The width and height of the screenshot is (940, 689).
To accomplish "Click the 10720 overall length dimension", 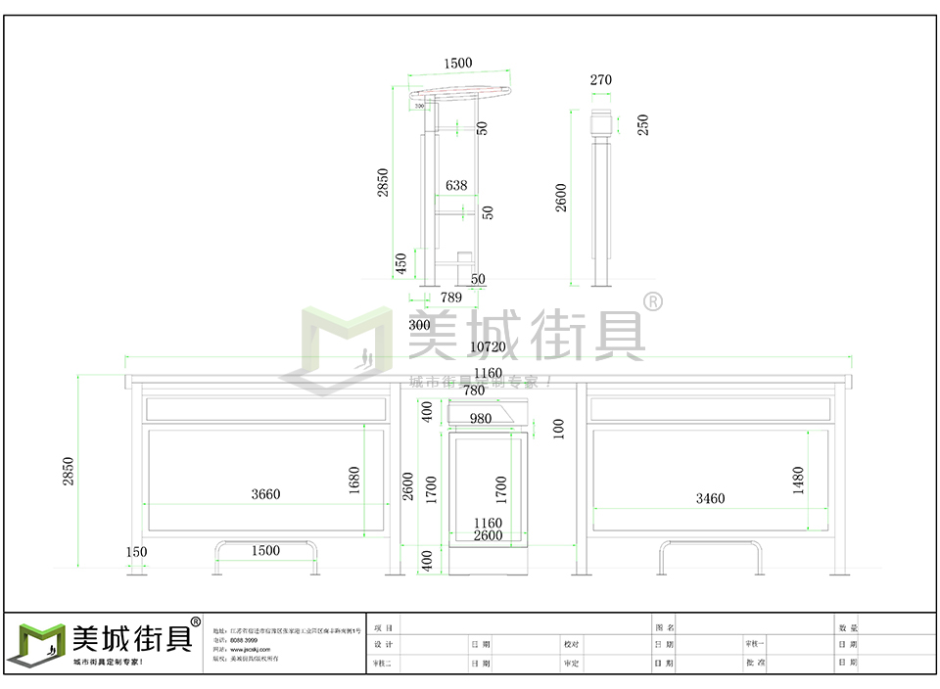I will [488, 346].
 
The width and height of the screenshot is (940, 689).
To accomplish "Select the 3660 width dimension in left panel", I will [265, 494].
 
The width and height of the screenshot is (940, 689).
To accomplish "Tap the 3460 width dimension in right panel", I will [710, 498].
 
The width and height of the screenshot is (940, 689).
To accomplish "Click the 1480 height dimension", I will [798, 480].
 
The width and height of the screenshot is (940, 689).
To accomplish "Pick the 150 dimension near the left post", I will [136, 552].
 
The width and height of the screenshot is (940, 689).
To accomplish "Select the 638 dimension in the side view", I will [456, 185].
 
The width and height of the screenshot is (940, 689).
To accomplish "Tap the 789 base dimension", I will [451, 297].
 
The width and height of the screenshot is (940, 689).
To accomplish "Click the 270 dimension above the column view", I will [601, 80].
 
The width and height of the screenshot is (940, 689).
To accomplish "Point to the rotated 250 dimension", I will [643, 125].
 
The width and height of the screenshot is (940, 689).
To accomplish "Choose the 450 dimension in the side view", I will [400, 263].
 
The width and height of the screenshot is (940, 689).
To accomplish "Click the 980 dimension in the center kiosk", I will [481, 419].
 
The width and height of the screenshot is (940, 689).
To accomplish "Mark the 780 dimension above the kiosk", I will [474, 390].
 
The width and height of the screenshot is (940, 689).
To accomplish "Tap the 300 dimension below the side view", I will [419, 325].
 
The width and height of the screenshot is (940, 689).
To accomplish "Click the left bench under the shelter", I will [260, 556].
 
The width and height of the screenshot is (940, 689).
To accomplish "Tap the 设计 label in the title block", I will [383, 645].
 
